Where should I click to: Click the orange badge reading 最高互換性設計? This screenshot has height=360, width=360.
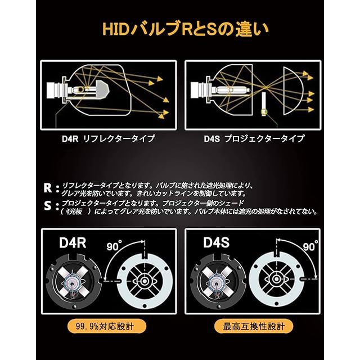(x=253, y=326)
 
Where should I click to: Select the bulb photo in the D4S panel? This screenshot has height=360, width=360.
(x=216, y=281)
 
